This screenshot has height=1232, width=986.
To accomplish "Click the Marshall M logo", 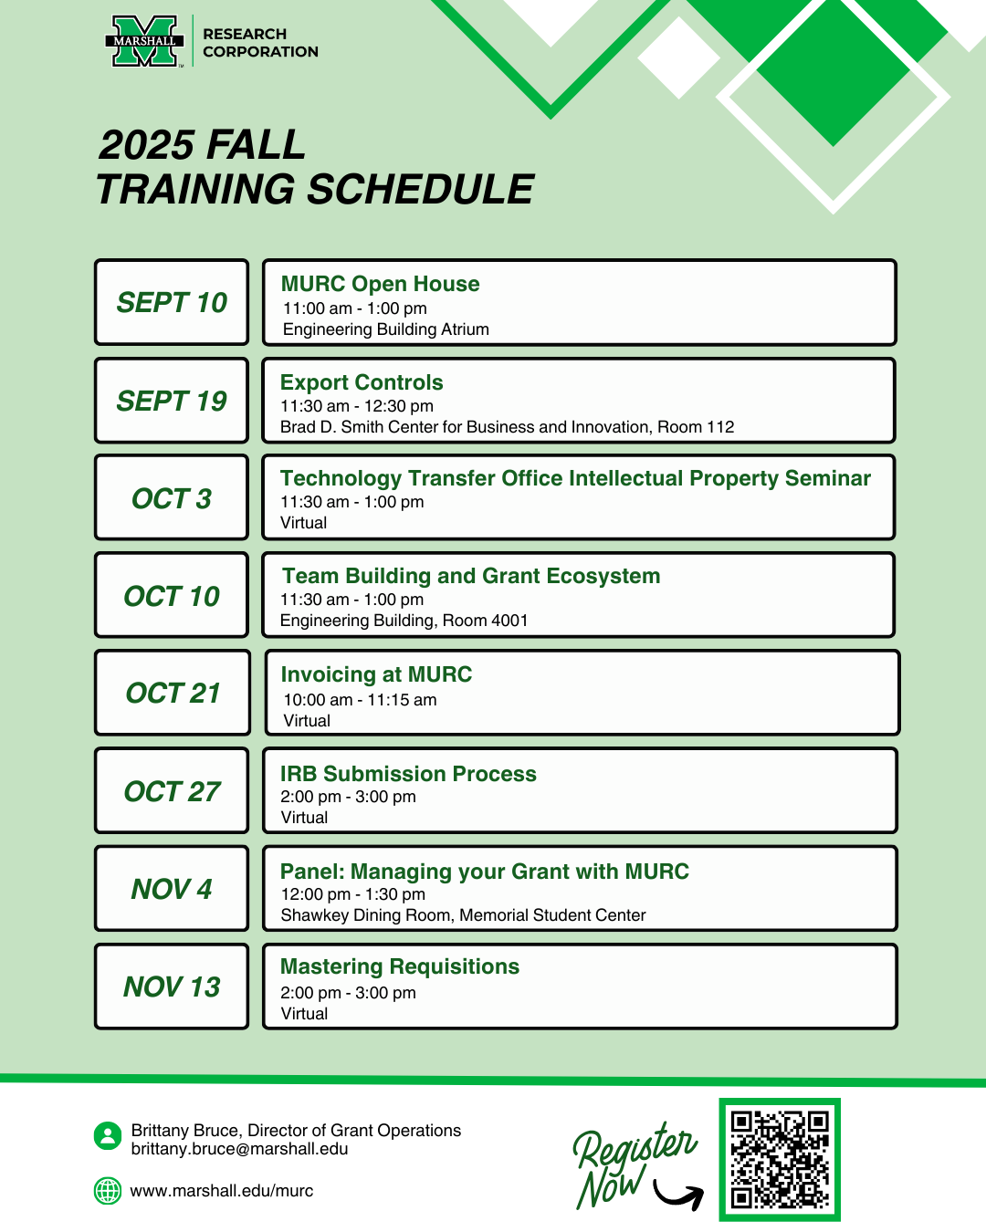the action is coord(144,41).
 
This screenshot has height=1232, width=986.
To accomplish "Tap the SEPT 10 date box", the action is coord(172,302).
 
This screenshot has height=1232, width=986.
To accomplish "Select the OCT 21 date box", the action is coord(173,692).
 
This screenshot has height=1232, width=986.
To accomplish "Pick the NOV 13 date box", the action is coord(172,986).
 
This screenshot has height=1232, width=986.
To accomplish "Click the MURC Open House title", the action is coord(380,284).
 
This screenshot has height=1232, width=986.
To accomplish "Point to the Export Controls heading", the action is coord(362,381).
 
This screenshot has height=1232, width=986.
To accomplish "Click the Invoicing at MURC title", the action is coord(376,673).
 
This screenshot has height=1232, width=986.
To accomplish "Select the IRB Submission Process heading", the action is coord(408,773).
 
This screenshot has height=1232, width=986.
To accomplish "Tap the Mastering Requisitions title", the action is coord(399,966).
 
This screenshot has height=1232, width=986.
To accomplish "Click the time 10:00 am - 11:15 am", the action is coord(360,700).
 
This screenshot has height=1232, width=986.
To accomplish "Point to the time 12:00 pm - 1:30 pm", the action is coord(352,893).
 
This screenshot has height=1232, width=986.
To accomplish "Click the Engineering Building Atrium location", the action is coord(385,329).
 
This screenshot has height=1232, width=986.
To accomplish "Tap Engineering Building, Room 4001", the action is coord(404,620).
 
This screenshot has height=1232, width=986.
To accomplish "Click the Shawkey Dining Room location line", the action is coord(463,914).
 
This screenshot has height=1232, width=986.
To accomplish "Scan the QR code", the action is coord(779,1159).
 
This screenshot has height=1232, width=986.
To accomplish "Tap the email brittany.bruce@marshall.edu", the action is coord(239,1149).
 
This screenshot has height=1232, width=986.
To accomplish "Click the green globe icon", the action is coord(107,1191).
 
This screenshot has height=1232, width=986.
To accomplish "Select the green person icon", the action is coord(107,1135).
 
